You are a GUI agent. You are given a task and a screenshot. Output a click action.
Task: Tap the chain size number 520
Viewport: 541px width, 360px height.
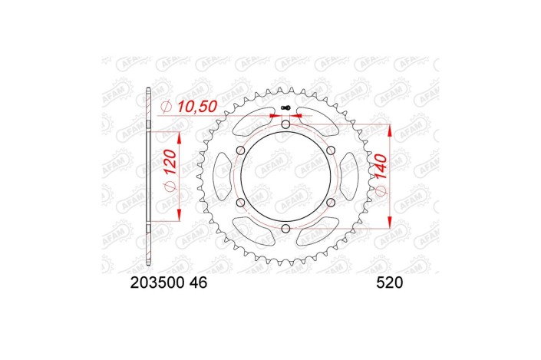click(x=390, y=282)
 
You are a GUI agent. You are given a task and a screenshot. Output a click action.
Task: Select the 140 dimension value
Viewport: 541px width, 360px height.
click(x=381, y=175)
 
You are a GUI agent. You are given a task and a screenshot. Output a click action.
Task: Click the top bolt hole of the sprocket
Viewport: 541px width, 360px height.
click(x=285, y=124)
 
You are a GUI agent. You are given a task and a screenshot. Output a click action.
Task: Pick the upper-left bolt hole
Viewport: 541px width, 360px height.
click(x=240, y=150)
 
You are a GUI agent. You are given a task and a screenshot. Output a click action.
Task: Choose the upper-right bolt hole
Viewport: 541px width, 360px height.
click(x=331, y=150)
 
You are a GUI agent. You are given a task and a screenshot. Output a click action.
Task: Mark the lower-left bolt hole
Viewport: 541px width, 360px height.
click(x=240, y=203)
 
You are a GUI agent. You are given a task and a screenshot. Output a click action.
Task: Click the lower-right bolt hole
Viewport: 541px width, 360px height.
click(x=331, y=203)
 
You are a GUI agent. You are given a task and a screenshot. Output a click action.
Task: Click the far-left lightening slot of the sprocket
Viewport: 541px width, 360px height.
click(x=219, y=177)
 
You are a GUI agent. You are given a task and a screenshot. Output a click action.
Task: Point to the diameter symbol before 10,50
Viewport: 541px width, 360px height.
click(x=166, y=107)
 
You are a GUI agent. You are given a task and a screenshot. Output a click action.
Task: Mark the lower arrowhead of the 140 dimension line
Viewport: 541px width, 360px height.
click(x=392, y=221)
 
